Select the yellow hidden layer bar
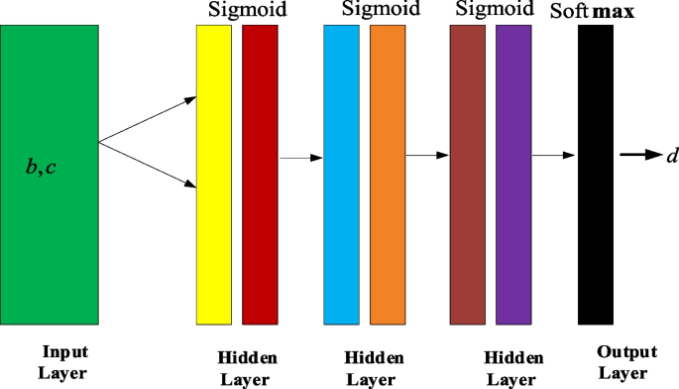(214, 174)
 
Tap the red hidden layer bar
(260, 174)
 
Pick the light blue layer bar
(341, 174)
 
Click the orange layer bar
(388, 174)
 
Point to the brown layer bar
(466, 174)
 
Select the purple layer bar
(513, 174)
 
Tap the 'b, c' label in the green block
(41, 167)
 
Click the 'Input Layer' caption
(64, 363)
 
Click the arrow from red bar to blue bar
(301, 157)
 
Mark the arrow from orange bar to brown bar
(427, 156)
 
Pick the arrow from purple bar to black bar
(554, 156)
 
